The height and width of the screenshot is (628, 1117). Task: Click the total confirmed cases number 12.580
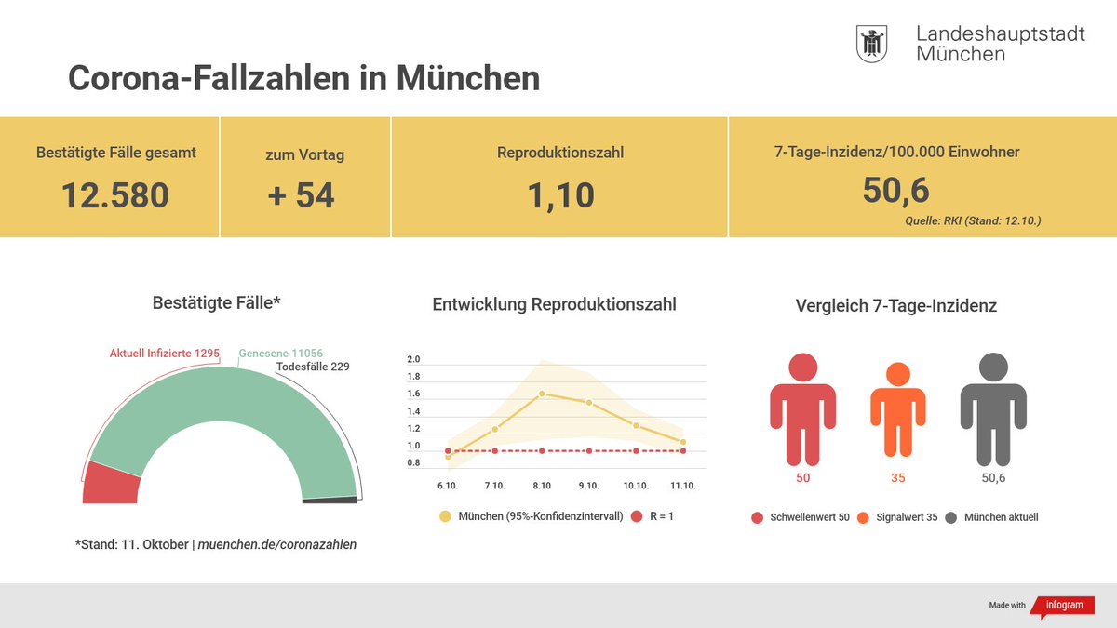point(115,195)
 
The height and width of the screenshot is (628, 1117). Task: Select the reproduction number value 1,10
point(560,195)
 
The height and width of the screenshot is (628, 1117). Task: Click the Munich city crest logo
point(871,45)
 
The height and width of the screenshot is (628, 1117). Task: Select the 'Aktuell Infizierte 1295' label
point(165,354)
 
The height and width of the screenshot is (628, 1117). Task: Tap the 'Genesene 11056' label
point(281,354)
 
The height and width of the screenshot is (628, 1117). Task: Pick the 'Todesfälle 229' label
point(313,367)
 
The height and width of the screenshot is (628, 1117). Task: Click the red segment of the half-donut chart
point(111,483)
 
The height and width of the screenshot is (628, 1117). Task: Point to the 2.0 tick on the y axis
point(414,360)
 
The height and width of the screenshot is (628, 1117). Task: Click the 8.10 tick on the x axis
point(542,486)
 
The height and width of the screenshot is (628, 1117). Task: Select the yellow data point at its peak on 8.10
point(542,394)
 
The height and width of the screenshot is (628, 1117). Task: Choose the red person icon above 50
point(802,409)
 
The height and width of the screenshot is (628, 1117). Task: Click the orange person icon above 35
point(897,409)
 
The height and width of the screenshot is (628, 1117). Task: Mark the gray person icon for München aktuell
point(993,409)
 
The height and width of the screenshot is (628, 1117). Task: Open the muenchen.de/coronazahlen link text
point(277,544)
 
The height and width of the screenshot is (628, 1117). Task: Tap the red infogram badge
point(1059,605)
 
